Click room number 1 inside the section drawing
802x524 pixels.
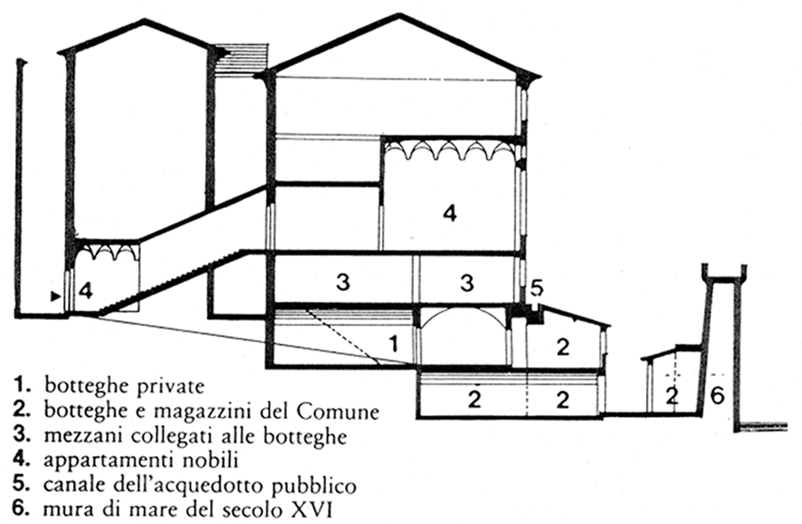pos(393,344)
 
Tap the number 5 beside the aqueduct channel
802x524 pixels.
pos(536,289)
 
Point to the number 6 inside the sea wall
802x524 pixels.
pos(717,395)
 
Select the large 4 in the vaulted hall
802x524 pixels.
pos(450,213)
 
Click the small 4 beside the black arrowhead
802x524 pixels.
pos(86,291)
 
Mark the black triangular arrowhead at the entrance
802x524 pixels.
pos(55,296)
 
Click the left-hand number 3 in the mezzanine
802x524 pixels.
pos(343,282)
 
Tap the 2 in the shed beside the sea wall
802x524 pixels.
pos(673,395)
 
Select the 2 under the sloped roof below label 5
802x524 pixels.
pos(562,348)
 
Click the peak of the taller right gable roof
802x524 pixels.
pos(399,15)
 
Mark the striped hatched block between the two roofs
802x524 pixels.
pos(241,60)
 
